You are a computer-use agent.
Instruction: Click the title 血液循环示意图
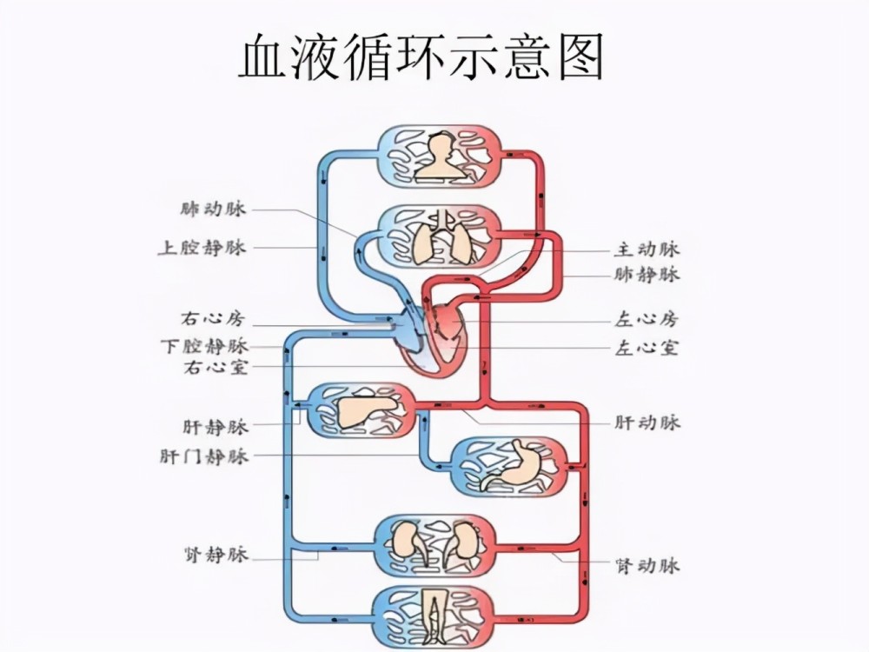421,57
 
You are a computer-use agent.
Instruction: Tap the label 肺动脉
213,209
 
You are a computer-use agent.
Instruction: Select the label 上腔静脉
202,247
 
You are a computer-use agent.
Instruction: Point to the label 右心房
213,319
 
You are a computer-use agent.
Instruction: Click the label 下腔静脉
204,347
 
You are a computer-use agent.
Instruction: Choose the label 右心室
216,367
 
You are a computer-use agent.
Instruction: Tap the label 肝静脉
216,427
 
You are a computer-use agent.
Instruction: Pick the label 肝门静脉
204,456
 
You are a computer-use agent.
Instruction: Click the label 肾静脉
216,555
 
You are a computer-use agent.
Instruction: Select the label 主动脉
647,249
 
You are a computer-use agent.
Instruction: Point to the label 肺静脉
647,275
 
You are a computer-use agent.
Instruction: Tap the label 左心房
647,320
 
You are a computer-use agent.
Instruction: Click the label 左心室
647,349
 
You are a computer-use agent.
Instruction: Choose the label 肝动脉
647,422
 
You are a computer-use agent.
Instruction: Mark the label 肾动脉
647,566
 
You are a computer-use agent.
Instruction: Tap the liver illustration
367,410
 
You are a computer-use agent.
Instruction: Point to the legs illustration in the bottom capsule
435,615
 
